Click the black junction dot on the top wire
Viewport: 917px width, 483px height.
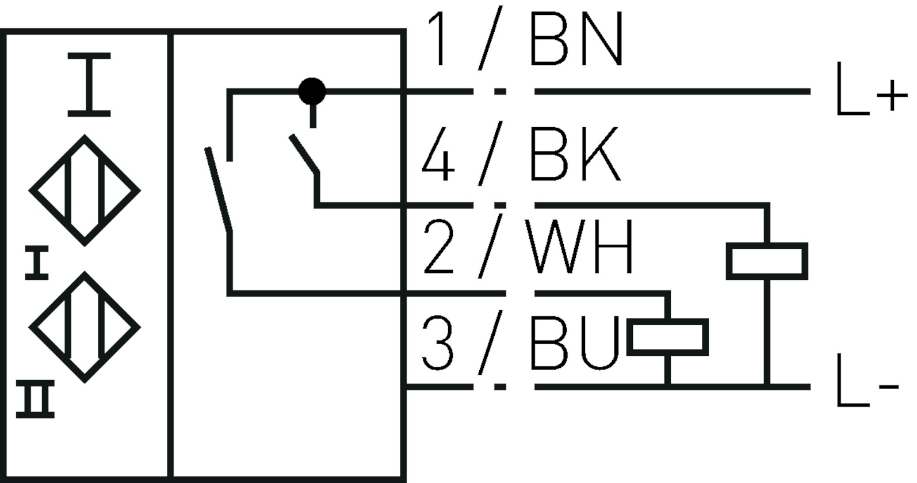tap(312, 91)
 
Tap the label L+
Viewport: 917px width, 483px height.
tap(870, 91)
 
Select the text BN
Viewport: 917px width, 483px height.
tap(576, 39)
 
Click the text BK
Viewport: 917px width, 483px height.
tap(575, 154)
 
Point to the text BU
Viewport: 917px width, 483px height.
tap(575, 342)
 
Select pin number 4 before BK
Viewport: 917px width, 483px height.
tap(438, 154)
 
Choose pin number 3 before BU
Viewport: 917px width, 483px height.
tap(438, 342)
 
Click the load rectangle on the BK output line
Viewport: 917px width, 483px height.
tap(766, 261)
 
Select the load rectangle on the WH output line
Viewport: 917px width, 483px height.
tap(667, 337)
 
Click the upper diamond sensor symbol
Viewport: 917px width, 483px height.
tap(85, 190)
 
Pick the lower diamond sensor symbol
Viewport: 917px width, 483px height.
tap(85, 326)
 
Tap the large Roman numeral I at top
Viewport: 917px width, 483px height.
tap(89, 85)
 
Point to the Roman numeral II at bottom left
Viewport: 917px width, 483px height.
tap(36, 398)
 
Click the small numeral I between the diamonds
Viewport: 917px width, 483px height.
tap(37, 264)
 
